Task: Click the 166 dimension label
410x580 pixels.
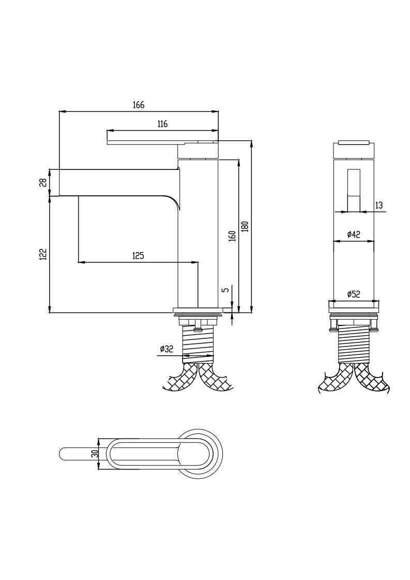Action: (x=139, y=105)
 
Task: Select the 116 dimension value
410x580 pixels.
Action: (x=162, y=124)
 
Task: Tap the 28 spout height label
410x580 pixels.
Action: (x=43, y=182)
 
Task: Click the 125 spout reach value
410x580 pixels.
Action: (x=138, y=255)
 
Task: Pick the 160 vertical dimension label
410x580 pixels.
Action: (x=233, y=236)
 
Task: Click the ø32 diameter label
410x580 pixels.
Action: (x=166, y=349)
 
